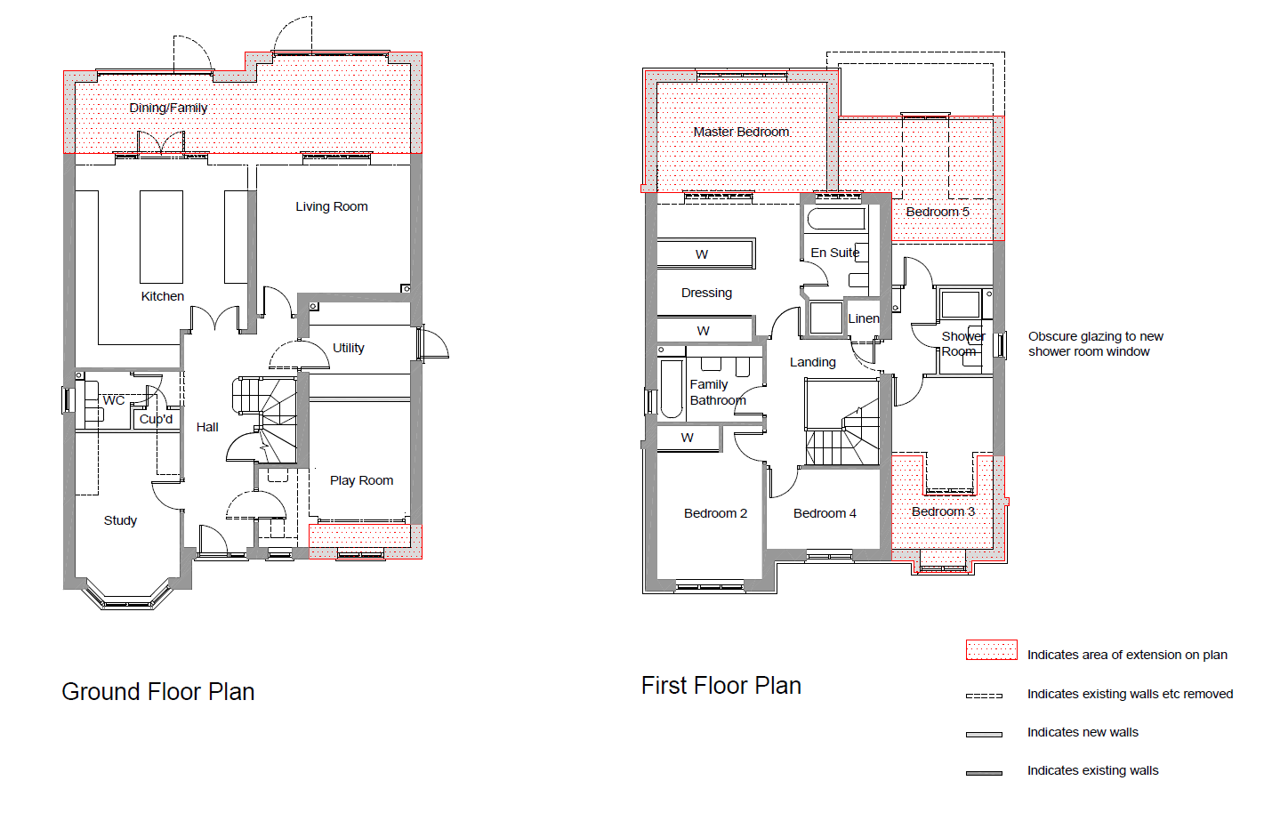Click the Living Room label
click(x=331, y=206)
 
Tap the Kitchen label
click(x=163, y=296)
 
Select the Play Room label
click(x=361, y=480)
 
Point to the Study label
click(x=120, y=520)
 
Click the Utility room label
click(x=348, y=348)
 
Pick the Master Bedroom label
click(x=741, y=132)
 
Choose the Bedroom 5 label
click(x=938, y=212)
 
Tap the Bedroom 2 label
click(x=715, y=513)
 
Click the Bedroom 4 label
click(x=825, y=513)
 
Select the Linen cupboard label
click(x=864, y=318)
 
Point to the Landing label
click(x=813, y=362)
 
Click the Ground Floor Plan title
click(x=158, y=692)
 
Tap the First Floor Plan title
click(x=721, y=686)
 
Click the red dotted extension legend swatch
click(x=992, y=650)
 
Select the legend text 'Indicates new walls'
click(x=1083, y=732)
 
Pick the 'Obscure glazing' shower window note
click(x=1095, y=344)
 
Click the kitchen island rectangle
click(x=161, y=237)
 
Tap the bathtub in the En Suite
click(x=836, y=219)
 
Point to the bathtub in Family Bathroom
click(x=672, y=388)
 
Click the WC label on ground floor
click(x=114, y=400)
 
